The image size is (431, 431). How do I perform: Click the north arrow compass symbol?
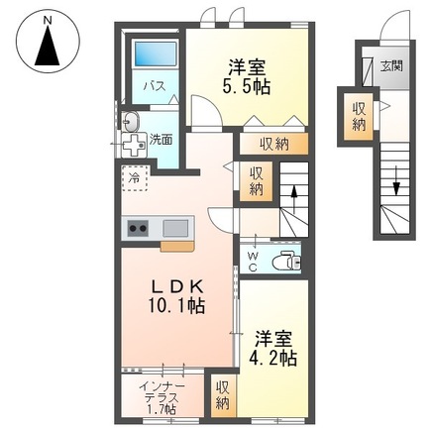coord(47,43)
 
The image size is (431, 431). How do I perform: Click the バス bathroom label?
coord(156,87)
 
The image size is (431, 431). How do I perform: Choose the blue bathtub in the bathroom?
coord(156,55)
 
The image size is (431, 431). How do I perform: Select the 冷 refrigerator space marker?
coord(133,178)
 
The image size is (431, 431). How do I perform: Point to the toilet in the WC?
coord(286,264)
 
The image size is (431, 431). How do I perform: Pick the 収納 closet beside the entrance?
coord(356,116)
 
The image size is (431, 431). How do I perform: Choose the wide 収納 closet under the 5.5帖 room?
coord(274,144)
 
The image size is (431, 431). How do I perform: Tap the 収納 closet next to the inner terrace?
coord(223,394)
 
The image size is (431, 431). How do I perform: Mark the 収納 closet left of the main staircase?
coord(256,181)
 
